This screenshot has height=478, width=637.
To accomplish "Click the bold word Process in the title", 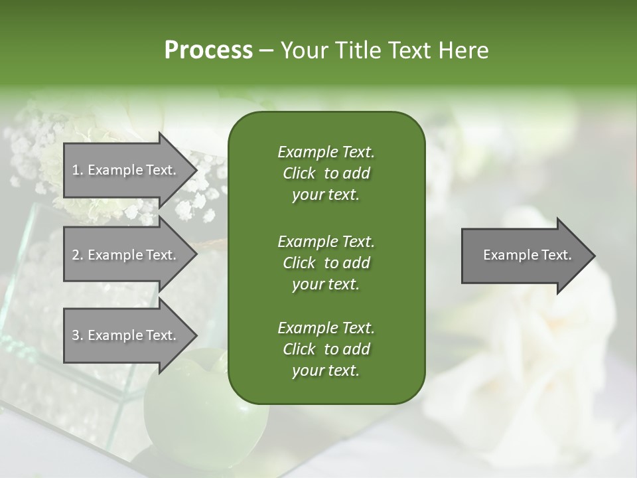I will (208, 50).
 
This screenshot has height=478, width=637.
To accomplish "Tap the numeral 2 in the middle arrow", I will (76, 255).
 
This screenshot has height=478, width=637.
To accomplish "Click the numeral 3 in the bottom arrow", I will (76, 335).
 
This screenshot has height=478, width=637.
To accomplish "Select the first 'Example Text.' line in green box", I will (326, 152).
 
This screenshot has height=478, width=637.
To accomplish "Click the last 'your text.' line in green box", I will (326, 371).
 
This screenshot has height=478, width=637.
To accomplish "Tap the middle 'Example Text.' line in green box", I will (326, 241).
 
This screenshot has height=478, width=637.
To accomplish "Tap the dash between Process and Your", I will (266, 51).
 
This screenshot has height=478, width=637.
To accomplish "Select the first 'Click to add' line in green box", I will (326, 173).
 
